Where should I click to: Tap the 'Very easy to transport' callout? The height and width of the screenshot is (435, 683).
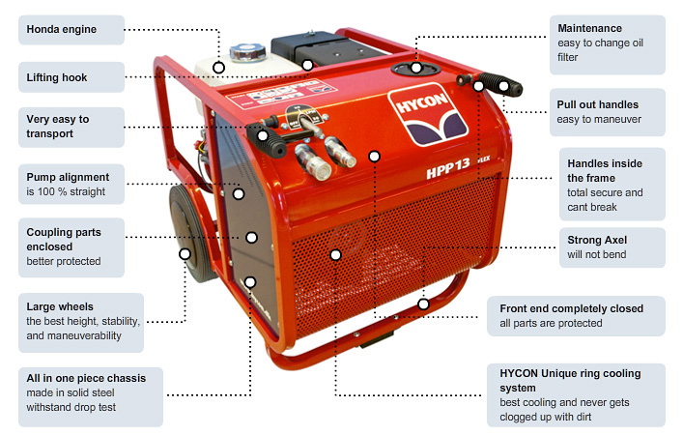coord(58,127)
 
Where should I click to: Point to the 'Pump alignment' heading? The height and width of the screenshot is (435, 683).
coord(68,177)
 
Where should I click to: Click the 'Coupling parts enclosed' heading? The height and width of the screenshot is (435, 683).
coord(64,233)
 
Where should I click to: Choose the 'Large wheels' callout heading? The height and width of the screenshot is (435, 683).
coord(61,306)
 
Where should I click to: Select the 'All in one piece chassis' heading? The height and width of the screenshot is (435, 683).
coord(86,378)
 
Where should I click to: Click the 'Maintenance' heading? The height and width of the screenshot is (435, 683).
coord(590,28)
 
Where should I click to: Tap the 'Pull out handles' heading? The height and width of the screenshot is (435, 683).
coord(598,104)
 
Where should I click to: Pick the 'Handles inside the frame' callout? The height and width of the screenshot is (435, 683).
coord(605,171)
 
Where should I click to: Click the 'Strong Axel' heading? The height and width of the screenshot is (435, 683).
coord(601,240)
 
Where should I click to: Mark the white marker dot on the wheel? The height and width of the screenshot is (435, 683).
coord(185,254)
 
